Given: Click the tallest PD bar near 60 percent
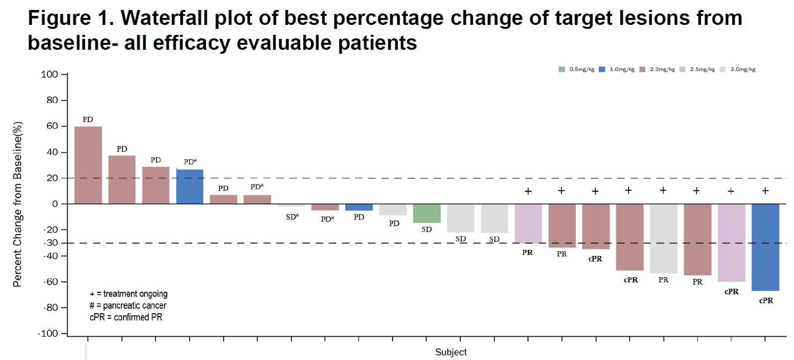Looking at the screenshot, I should [88, 165].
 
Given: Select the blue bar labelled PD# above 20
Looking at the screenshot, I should [190, 187].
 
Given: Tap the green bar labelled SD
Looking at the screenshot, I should [427, 213].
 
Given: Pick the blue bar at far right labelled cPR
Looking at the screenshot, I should [765, 247].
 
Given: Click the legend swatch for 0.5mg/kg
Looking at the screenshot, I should [562, 70].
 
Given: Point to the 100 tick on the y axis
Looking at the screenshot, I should [49, 75].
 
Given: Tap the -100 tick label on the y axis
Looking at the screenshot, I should [48, 334].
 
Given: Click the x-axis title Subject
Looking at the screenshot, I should [451, 352].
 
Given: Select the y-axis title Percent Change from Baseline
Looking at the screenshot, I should [17, 204].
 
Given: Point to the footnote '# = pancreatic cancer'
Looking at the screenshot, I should [128, 306].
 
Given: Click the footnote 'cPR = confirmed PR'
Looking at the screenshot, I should [126, 317].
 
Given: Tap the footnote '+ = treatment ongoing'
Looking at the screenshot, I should [129, 294].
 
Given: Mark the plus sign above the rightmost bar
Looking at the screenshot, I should [765, 191].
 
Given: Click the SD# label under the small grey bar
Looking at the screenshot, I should [292, 217].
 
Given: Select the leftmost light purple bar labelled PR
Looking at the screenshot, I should [528, 223].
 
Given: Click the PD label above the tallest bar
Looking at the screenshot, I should [88, 120].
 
